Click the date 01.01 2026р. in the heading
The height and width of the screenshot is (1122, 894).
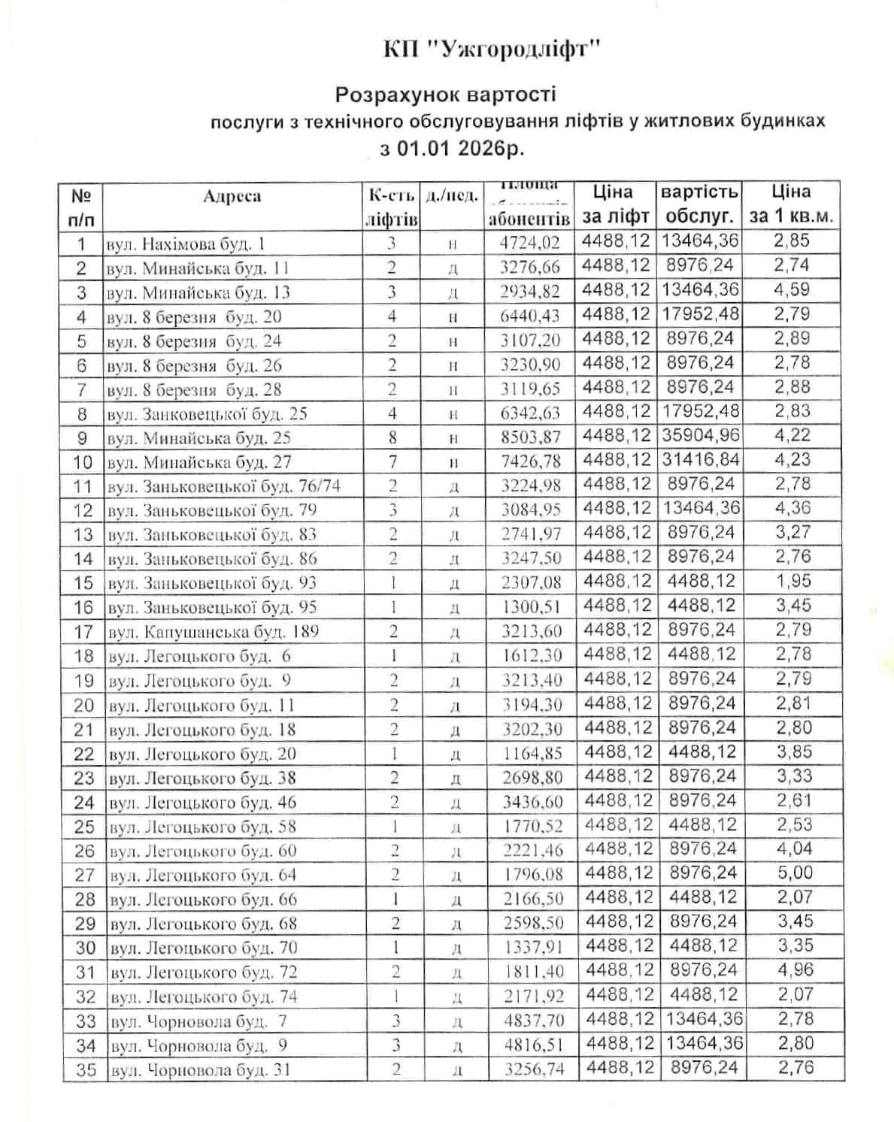point(459,148)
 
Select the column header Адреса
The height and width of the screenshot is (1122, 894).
point(232,197)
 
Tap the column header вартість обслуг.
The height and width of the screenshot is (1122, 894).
point(700,204)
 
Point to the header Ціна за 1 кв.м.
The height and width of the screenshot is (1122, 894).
point(792,204)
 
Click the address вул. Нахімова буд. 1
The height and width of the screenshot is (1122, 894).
point(186,244)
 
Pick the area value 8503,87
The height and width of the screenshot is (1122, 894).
point(531,437)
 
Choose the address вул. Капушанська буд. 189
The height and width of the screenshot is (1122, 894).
point(213,631)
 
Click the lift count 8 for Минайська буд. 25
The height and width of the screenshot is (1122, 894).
point(392,437)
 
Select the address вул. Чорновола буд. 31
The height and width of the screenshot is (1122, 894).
point(200,1070)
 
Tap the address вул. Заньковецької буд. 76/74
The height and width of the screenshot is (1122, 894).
point(223,486)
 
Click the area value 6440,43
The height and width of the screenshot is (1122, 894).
point(531,316)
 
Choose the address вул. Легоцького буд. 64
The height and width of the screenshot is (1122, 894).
point(203,876)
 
